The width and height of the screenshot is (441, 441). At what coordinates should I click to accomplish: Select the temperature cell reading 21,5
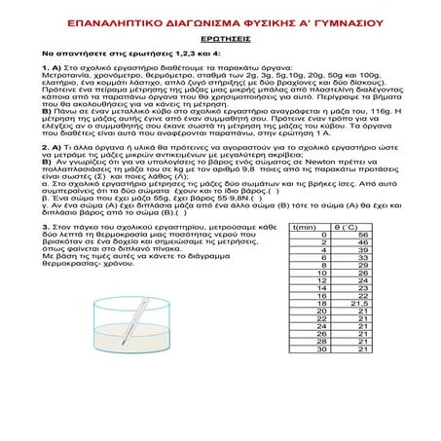tap(361, 331)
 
